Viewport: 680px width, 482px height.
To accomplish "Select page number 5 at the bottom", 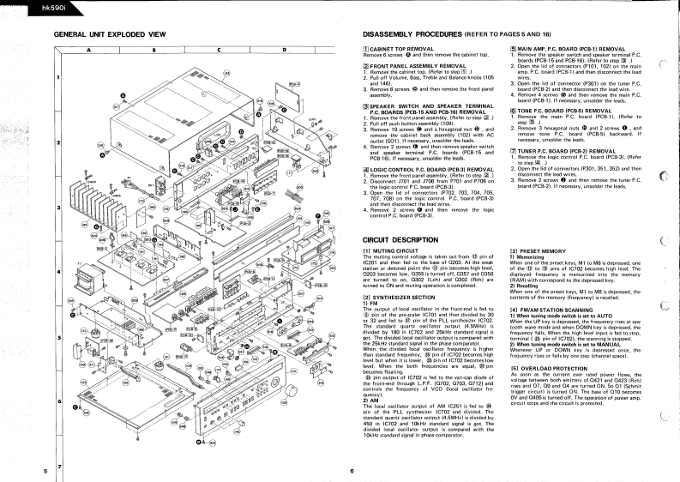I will coord(45,471).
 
